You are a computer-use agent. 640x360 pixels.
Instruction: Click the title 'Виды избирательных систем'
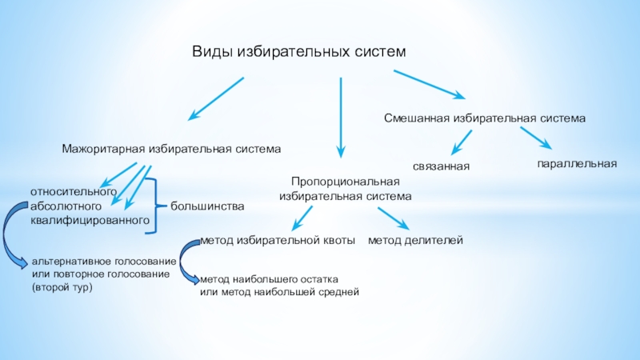(x=299, y=51)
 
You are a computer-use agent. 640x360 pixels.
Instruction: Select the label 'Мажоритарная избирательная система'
(x=172, y=149)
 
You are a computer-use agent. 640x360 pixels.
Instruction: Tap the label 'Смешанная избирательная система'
(x=485, y=118)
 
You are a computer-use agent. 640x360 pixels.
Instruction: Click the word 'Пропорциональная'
(x=345, y=182)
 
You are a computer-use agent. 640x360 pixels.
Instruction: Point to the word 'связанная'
(x=441, y=166)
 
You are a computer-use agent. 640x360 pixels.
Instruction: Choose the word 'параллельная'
(x=576, y=163)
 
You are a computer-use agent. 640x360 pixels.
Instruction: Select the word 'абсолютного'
(x=66, y=206)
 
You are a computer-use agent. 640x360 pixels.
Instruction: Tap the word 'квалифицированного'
(x=90, y=219)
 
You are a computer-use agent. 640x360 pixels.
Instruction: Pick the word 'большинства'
(x=207, y=206)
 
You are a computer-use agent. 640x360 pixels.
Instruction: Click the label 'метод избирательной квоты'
(x=277, y=240)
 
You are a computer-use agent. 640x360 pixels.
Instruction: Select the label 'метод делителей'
(x=415, y=240)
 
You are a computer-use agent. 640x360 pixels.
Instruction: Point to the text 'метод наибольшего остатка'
(x=270, y=279)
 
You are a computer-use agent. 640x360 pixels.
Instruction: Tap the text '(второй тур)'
(x=62, y=286)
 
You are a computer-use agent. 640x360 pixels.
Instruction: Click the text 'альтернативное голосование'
(x=103, y=262)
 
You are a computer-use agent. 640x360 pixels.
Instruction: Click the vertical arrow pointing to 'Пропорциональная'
(x=341, y=116)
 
